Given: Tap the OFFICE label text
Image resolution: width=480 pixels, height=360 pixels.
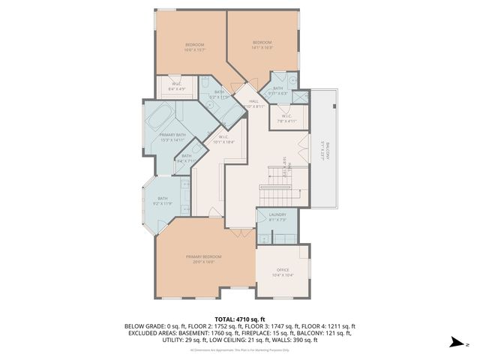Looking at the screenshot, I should point(282,270).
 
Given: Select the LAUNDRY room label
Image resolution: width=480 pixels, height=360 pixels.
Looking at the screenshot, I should point(277,214).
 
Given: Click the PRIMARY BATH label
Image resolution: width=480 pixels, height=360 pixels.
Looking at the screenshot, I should point(172,134).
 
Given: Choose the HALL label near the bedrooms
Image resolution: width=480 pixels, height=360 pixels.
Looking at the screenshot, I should point(253,101).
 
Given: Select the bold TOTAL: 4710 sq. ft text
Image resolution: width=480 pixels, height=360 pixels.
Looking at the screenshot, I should point(239,319).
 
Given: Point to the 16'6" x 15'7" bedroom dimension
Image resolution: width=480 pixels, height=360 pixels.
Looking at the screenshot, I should point(195,51).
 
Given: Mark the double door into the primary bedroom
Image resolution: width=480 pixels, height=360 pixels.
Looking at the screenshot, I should point(241,235).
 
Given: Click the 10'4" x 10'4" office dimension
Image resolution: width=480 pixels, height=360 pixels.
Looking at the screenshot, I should point(282,275).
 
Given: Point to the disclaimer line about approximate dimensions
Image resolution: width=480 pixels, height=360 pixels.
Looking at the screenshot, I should point(239,349).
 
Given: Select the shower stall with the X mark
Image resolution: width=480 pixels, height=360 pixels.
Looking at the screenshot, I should point(301,96).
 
